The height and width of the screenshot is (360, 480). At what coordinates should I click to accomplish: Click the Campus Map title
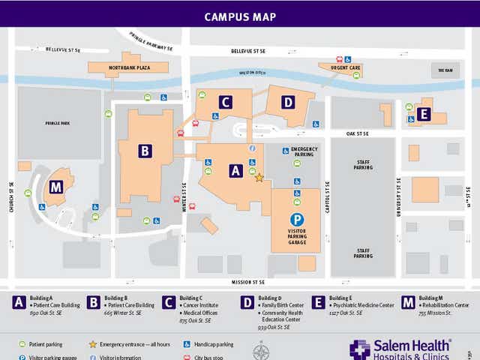click(240, 16)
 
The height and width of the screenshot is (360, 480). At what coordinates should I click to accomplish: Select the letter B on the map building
click(145, 150)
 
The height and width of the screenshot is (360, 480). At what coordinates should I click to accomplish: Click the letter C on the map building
click(224, 102)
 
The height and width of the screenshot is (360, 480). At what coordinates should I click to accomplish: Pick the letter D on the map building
click(289, 102)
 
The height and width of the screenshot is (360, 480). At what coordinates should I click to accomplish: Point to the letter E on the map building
click(424, 114)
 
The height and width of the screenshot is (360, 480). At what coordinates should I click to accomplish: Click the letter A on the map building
click(235, 171)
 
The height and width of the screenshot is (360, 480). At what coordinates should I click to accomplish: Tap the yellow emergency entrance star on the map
click(259, 178)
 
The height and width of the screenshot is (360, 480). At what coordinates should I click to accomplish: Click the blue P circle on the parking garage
click(298, 219)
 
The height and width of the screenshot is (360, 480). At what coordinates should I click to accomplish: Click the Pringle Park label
click(56, 123)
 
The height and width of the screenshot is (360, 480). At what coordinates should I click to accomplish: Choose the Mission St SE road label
click(250, 282)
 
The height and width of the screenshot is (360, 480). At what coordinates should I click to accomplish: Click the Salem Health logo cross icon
click(360, 349)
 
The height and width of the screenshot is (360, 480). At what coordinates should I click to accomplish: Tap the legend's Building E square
click(318, 302)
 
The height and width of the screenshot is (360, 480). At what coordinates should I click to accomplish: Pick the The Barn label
click(446, 70)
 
